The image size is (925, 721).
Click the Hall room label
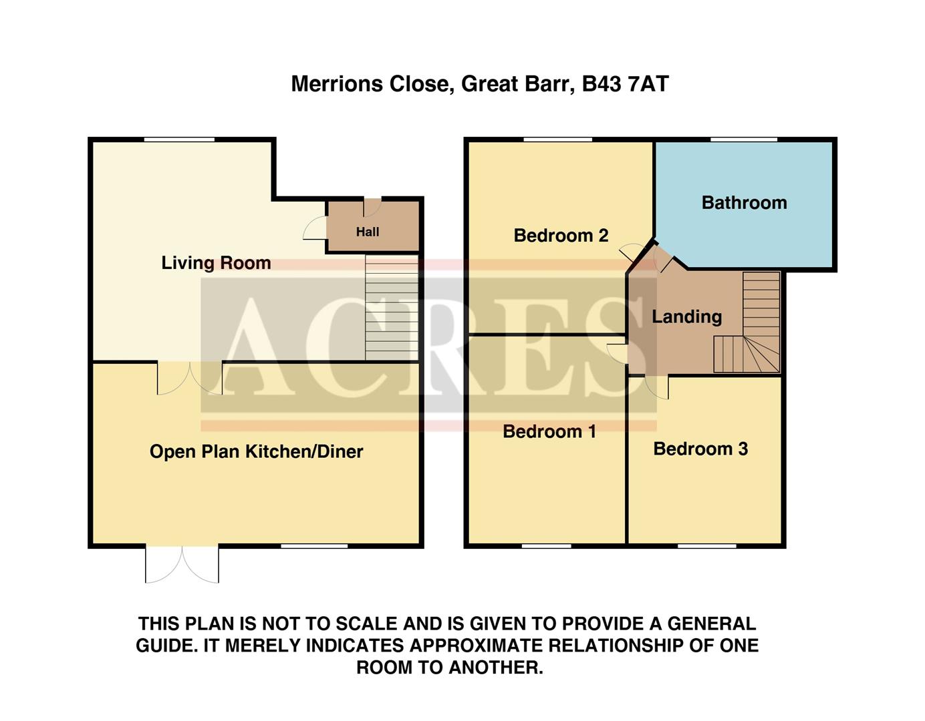click(368, 232)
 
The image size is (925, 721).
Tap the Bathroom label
click(744, 203)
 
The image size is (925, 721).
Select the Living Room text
click(216, 263)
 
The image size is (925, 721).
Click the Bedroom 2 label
click(561, 236)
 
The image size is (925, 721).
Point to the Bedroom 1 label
click(549, 432)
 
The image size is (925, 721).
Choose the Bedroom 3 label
click(700, 449)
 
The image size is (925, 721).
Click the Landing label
click(686, 316)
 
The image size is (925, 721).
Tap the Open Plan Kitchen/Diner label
click(256, 452)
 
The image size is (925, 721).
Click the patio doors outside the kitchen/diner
click(182, 564)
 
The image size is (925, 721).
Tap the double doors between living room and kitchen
click(189, 377)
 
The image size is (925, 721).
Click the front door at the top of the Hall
click(372, 206)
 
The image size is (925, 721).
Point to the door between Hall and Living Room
click(315, 230)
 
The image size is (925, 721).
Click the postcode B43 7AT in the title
click(625, 84)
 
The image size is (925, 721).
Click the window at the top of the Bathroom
click(743, 140)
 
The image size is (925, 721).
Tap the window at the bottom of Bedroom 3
click(706, 546)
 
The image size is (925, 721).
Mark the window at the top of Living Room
click(179, 140)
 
